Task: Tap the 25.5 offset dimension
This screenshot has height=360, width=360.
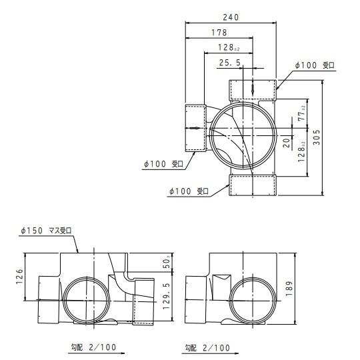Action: (230, 63)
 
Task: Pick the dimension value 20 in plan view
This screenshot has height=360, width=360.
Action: (285, 142)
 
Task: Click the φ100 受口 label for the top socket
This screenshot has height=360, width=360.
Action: (314, 65)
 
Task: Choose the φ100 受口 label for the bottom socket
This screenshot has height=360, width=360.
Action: (189, 191)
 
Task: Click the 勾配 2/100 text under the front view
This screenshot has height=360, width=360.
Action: (95, 347)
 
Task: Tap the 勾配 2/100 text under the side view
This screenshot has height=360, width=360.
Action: (207, 347)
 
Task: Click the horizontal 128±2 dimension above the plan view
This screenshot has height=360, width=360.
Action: (229, 48)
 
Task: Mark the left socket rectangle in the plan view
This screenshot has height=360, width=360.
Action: (194, 127)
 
